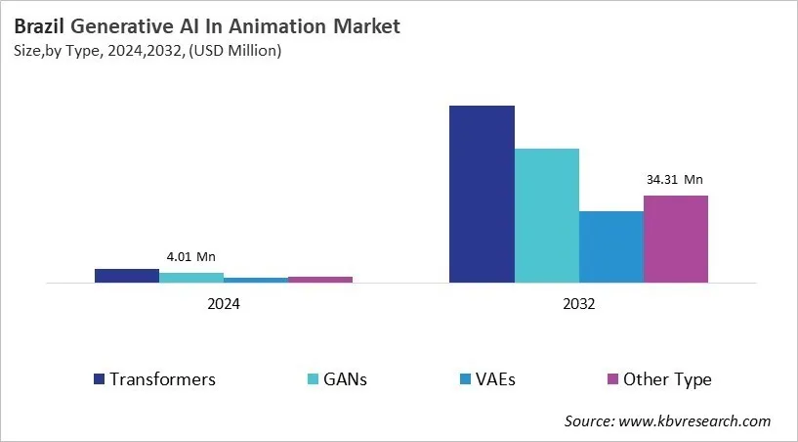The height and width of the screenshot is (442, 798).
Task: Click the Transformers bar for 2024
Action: (127, 276)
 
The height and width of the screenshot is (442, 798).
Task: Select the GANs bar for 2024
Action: (191, 278)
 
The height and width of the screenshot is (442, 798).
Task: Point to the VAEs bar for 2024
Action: (256, 280)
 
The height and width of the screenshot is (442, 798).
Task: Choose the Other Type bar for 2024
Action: (320, 280)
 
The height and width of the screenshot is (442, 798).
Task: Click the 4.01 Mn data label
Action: (190, 256)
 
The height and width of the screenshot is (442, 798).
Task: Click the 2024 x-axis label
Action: (224, 304)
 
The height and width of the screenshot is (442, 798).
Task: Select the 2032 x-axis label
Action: (578, 304)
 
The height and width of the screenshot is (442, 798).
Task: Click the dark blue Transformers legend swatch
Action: (99, 379)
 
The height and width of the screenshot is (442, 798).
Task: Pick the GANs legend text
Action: (346, 379)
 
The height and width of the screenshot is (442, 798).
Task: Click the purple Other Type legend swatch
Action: (612, 379)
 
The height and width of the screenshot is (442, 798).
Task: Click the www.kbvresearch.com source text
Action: (694, 420)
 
